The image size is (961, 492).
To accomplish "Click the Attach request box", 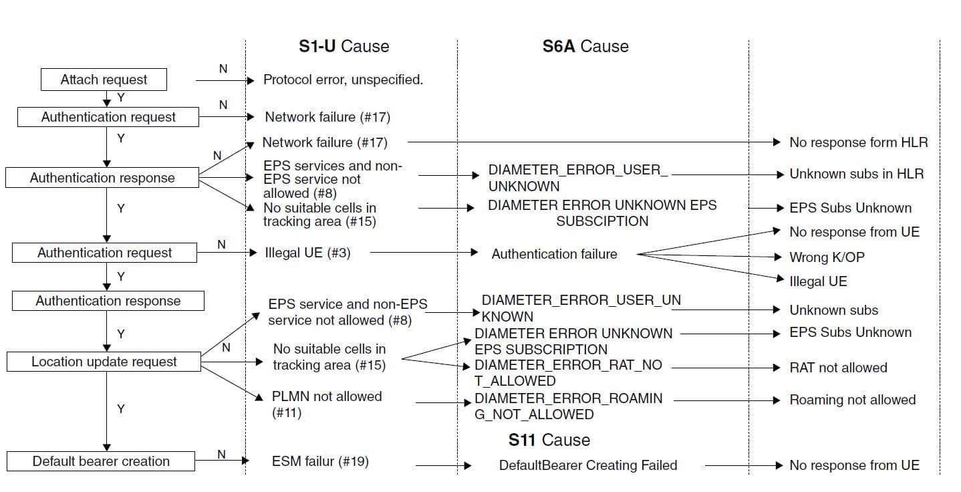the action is point(104,80).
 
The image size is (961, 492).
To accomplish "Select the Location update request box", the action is point(104,362).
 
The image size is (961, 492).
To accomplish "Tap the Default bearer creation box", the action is point(101,461).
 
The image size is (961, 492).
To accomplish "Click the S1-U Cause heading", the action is point(344,46).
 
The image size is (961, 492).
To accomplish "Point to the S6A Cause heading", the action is point(585,46).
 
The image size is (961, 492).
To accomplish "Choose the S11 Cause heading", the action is point(549,440).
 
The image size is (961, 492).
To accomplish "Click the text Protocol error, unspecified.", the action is point(344,80).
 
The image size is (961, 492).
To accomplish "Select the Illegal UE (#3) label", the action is point(307,253).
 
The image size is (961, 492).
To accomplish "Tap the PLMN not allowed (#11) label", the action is point(327,404).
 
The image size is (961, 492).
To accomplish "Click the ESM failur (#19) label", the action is point(320,461).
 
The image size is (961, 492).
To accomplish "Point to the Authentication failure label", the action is point(554,254).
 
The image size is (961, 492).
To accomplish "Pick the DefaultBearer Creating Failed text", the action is point(588,465).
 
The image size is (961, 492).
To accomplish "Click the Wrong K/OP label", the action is point(827,257).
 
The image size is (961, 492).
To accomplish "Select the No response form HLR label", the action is point(859,142).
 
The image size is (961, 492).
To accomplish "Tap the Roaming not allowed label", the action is point(853,400).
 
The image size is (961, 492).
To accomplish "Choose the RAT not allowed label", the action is point(838,368).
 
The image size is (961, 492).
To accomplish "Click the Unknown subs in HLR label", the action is point(857,174).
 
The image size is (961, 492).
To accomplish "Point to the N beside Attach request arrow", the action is point(223,69).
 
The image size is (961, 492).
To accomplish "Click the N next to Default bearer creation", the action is point(221,454).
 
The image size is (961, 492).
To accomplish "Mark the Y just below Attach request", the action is point(121,98).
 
